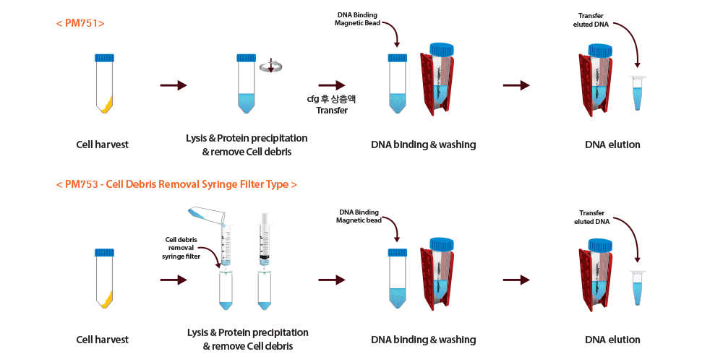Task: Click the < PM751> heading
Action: (x=80, y=23)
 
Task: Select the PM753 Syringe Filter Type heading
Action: (x=176, y=184)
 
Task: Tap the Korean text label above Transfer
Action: (x=332, y=100)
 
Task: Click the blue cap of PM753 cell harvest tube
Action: (x=105, y=253)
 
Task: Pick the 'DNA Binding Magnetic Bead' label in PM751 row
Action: (x=358, y=19)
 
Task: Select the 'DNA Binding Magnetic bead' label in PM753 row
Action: (x=359, y=216)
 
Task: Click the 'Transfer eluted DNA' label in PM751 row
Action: (x=591, y=20)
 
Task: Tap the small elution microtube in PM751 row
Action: (x=638, y=93)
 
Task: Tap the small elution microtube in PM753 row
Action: (x=638, y=289)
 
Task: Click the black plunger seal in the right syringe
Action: (x=264, y=256)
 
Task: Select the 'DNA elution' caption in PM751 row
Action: (x=612, y=145)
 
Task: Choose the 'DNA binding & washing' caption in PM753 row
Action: (x=423, y=340)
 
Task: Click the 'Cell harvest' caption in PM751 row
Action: (x=102, y=145)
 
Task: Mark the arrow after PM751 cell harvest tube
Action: (x=173, y=85)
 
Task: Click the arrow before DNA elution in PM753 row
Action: (x=517, y=280)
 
